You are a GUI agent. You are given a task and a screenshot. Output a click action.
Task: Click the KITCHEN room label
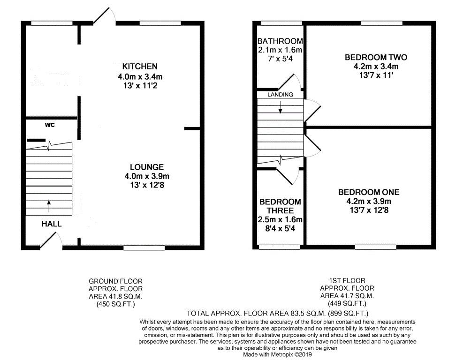tap(140, 66)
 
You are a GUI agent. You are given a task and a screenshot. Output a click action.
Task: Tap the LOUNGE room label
tap(146, 167)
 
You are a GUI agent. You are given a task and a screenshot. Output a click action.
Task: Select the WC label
tap(50, 125)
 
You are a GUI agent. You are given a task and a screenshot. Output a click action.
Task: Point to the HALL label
tap(52, 224)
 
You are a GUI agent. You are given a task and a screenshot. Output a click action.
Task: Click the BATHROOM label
tap(280, 41)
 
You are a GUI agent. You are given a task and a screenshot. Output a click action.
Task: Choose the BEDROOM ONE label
tap(369, 192)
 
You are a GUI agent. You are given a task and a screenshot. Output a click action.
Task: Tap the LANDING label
tap(280, 95)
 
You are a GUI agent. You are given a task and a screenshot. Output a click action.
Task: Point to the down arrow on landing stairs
tap(281, 108)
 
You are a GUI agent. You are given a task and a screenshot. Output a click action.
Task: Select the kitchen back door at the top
tap(104, 15)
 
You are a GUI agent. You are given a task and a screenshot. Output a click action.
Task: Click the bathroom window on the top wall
tap(281, 23)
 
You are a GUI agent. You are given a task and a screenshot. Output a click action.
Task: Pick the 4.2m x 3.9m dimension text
tap(369, 201)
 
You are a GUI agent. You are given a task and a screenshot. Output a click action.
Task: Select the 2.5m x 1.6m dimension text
tap(281, 220)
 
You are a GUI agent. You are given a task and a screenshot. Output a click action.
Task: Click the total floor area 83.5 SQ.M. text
tap(278, 313)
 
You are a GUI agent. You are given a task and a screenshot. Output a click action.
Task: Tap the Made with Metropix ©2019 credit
tap(277, 355)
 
